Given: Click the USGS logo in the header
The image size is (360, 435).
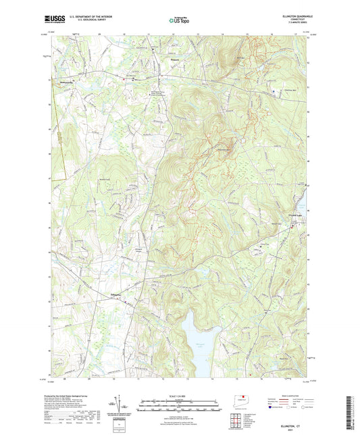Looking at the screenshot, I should click(x=56, y=20).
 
